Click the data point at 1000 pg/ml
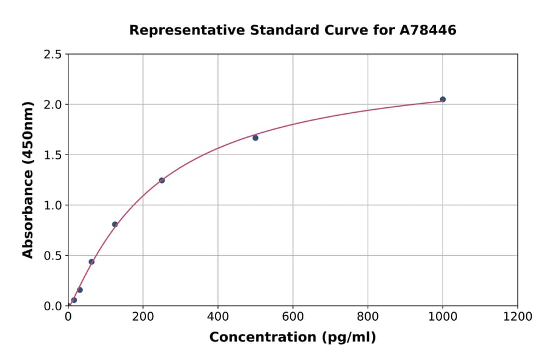[x=443, y=99]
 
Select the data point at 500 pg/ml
[x=256, y=138]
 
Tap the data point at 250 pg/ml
[x=162, y=180]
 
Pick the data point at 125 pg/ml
[x=115, y=224]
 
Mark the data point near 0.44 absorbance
[x=91, y=262]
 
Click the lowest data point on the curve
[x=74, y=300]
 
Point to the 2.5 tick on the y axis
[x=53, y=55]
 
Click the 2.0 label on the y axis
[x=53, y=105]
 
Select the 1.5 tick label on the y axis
[x=53, y=155]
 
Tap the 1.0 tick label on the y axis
[x=53, y=205]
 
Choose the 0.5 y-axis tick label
[x=53, y=256]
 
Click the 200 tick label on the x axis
[x=143, y=316]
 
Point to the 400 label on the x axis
[x=218, y=316]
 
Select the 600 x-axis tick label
[x=293, y=316]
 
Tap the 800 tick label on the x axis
[x=368, y=316]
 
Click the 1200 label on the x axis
[x=518, y=316]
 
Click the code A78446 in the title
[x=428, y=30]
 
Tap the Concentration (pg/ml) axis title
[x=292, y=338]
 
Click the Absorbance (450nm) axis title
[x=28, y=179]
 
